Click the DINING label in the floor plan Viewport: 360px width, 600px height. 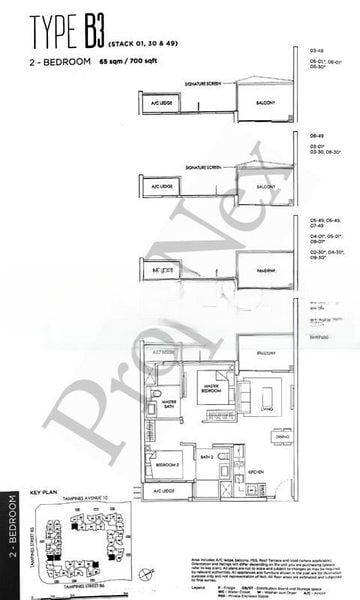(x=282, y=438)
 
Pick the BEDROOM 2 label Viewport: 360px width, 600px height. (x=166, y=466)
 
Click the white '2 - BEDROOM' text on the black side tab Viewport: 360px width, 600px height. (x=11, y=540)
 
